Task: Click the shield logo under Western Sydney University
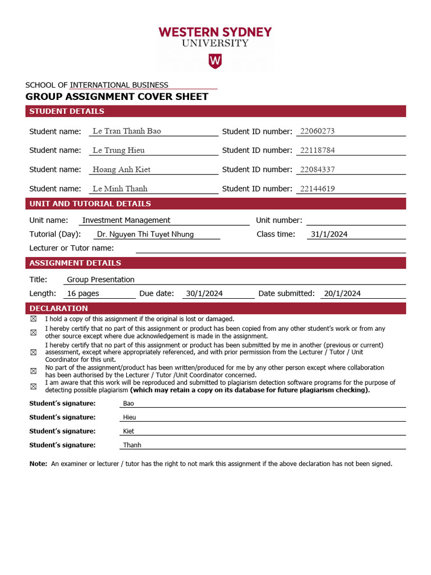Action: (x=215, y=61)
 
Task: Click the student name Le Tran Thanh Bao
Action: (x=126, y=131)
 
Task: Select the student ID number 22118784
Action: (x=317, y=150)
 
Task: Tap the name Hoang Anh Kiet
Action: (x=121, y=170)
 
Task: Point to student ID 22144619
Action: (x=317, y=189)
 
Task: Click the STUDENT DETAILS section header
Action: (x=67, y=111)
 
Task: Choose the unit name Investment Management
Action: (x=126, y=220)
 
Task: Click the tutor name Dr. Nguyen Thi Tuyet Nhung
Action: (x=145, y=234)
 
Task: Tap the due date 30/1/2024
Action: (x=204, y=293)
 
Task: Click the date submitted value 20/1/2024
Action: (x=342, y=293)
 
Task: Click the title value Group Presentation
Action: (x=100, y=280)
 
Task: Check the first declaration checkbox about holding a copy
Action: (x=33, y=319)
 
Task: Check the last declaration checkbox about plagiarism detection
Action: (x=33, y=386)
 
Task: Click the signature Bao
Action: (x=129, y=404)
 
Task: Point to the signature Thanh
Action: (x=132, y=445)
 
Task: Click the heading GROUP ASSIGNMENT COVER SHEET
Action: (x=117, y=97)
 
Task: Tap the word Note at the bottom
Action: (x=38, y=464)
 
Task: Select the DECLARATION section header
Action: (x=58, y=308)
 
